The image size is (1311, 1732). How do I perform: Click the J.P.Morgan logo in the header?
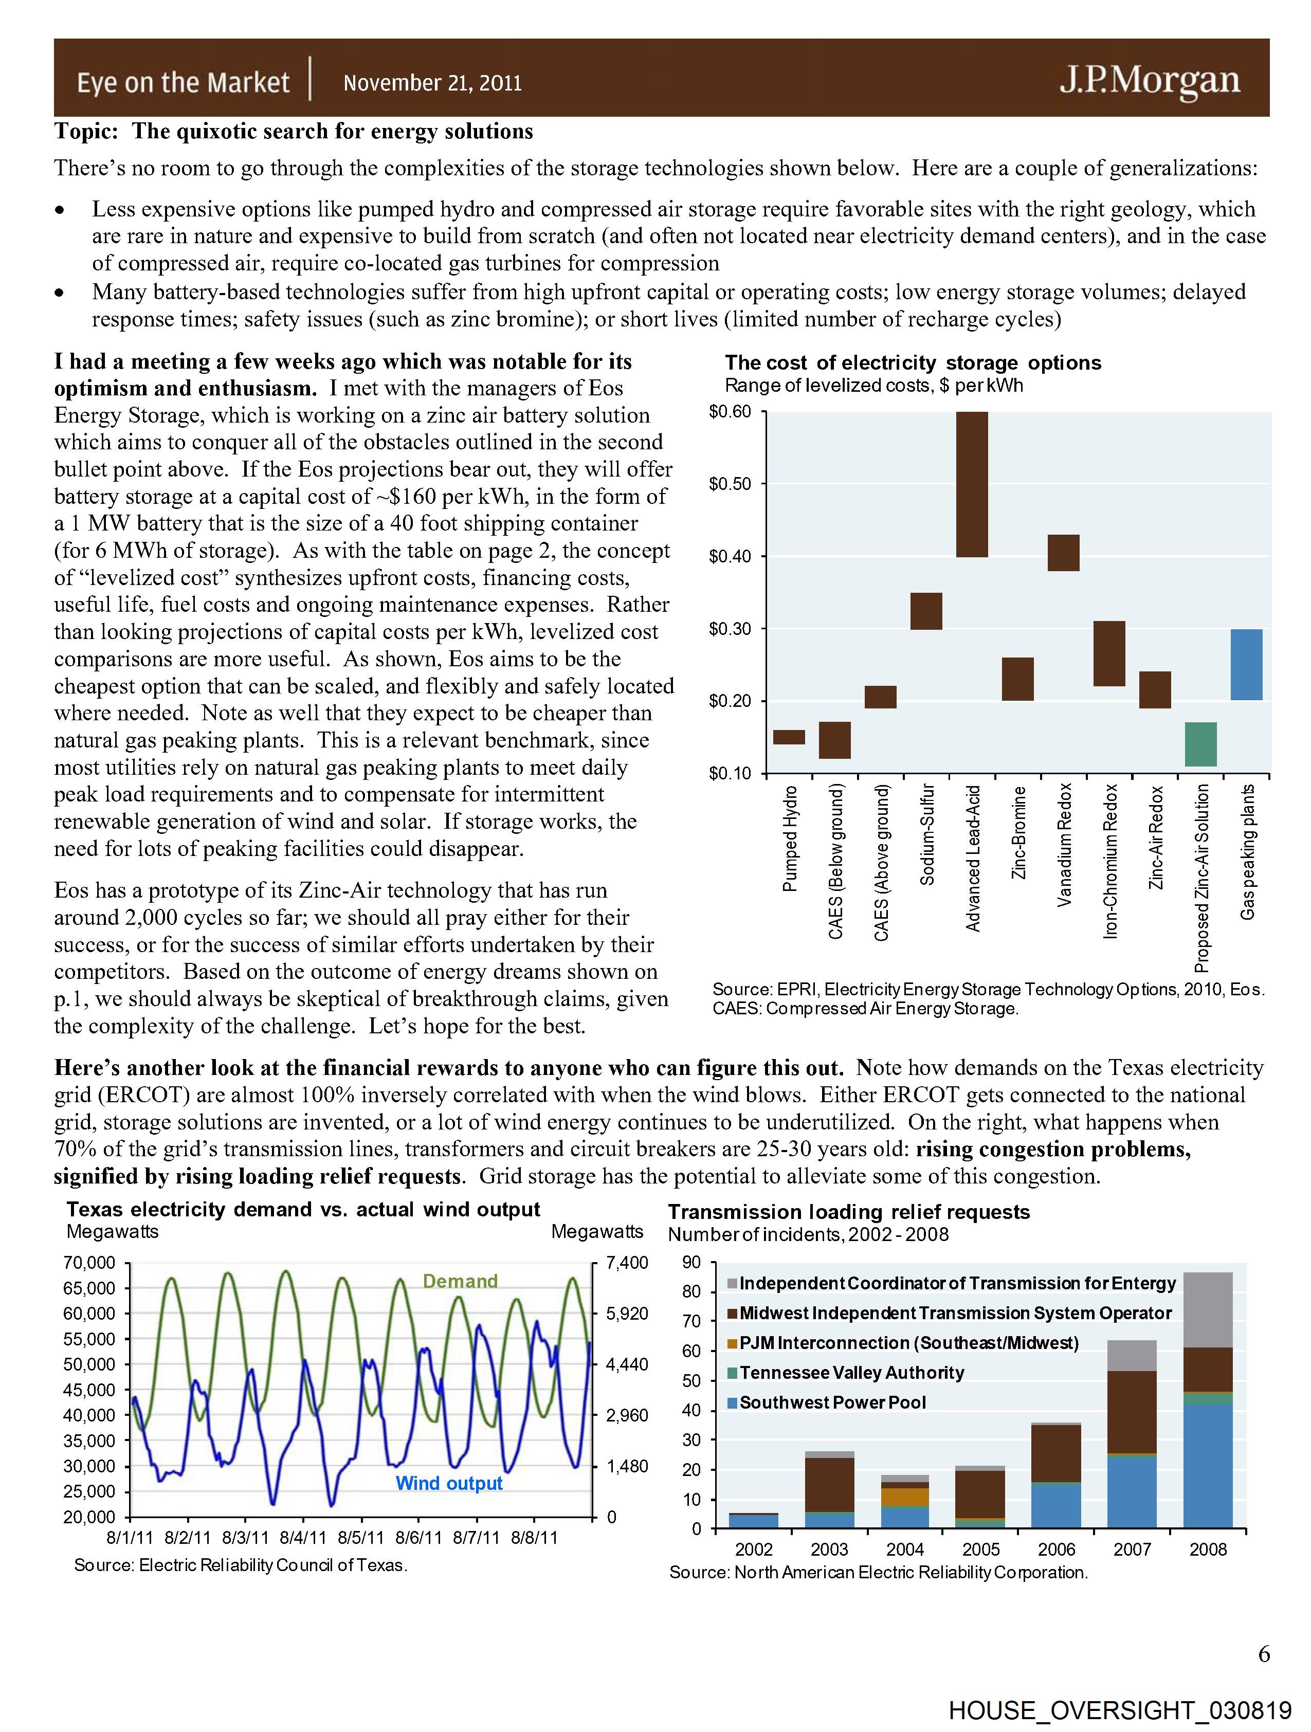click(x=1149, y=81)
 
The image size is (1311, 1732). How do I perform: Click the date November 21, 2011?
click(x=432, y=83)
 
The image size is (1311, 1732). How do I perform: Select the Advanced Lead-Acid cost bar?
click(x=972, y=484)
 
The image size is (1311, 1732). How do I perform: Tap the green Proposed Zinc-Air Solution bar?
click(x=1200, y=744)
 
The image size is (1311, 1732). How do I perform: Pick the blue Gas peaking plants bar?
click(x=1246, y=664)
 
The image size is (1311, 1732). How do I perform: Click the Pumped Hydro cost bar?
click(x=789, y=737)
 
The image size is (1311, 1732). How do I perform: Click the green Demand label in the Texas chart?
click(x=460, y=1281)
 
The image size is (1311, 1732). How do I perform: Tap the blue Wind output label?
click(x=449, y=1483)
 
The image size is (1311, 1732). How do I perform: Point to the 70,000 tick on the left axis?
click(x=88, y=1262)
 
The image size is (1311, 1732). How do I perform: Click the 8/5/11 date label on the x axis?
click(x=361, y=1538)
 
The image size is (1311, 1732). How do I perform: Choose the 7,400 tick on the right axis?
click(x=627, y=1262)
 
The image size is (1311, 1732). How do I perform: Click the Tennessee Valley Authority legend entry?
click(x=850, y=1373)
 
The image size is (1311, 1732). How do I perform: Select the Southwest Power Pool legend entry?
click(x=832, y=1402)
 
